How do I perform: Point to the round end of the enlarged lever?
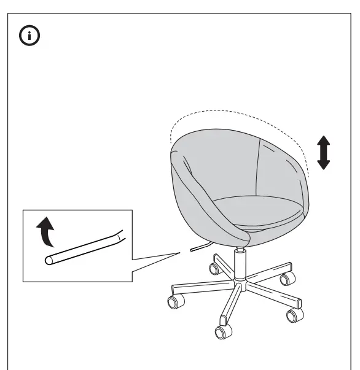[49, 260]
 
